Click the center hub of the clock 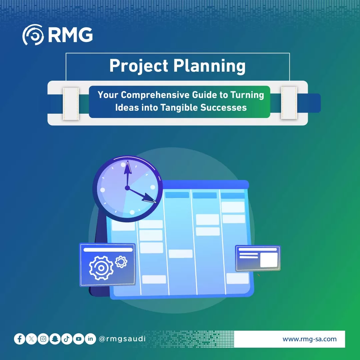point(127,188)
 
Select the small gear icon point(121,262)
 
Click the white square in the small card point(269,260)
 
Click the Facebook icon point(19,339)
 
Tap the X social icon point(31,339)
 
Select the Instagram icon point(43,339)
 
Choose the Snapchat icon point(55,339)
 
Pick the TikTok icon point(67,339)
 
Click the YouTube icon point(78,339)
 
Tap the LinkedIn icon point(90,339)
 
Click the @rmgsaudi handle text point(122,339)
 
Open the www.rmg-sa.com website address point(309,339)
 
